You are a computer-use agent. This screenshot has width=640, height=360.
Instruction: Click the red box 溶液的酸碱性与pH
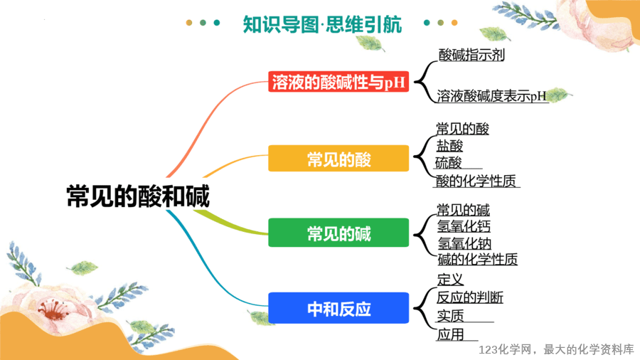pos(338,82)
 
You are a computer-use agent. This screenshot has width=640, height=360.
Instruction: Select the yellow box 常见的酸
pos(338,159)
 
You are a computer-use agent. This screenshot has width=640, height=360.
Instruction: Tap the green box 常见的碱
pos(338,233)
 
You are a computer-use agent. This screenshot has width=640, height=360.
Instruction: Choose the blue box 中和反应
pos(338,308)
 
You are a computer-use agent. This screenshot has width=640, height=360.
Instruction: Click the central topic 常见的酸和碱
pos(138,196)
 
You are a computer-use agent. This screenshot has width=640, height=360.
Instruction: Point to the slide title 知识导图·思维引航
pos(322,24)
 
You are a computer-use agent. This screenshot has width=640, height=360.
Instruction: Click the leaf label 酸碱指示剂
pos(471,55)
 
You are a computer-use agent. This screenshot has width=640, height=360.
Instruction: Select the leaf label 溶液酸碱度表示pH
pos(491,96)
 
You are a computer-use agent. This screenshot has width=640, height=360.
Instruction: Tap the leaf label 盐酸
pos(450,146)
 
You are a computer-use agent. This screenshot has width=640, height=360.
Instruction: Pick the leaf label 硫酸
pos(448,163)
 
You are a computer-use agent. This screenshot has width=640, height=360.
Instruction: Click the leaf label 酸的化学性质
pos(476,181)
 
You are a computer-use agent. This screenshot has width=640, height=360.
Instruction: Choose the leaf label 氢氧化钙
pos(464,226)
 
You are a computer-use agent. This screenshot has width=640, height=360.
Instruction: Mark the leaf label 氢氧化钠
pos(464,243)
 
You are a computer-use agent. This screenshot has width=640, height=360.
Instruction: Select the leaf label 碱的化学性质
pos(478,259)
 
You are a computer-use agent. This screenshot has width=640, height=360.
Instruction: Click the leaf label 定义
pos(451,280)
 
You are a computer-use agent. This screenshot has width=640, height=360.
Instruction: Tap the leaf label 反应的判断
pos(470,297)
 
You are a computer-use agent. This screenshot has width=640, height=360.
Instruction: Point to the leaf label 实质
pos(451,315)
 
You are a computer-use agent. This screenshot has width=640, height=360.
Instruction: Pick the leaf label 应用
pos(451,334)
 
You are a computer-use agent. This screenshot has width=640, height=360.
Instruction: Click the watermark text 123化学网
pos(506,350)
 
